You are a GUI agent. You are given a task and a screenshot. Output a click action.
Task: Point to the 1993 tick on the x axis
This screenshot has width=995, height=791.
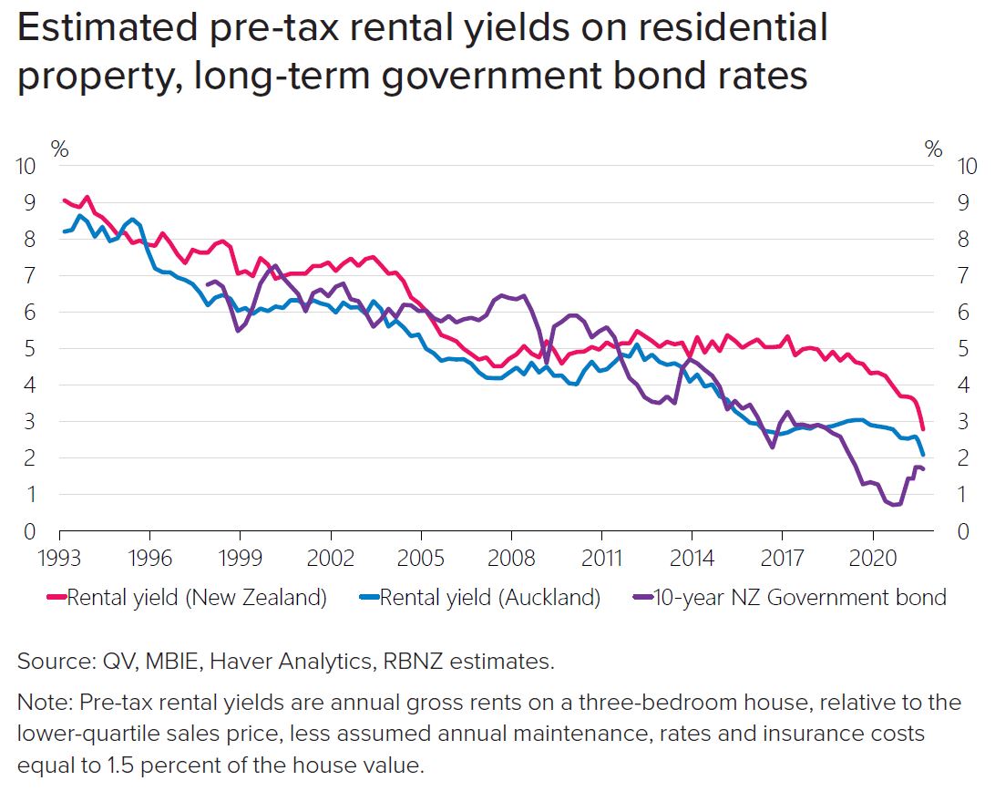click(x=60, y=555)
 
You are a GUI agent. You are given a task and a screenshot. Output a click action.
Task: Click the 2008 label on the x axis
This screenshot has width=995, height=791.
click(x=511, y=555)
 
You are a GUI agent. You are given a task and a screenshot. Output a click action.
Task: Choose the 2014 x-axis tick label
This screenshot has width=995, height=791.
click(x=692, y=555)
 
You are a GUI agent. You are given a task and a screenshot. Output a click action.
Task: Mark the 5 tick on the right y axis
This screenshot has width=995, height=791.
click(x=962, y=349)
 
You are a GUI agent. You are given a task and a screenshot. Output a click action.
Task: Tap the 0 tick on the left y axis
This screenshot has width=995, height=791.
click(x=29, y=531)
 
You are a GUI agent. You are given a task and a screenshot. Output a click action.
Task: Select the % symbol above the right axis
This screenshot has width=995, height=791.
click(x=933, y=150)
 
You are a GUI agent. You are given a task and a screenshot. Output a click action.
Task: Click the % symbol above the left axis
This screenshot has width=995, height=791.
click(x=60, y=150)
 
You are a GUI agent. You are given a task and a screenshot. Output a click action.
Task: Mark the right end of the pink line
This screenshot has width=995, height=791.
click(x=923, y=428)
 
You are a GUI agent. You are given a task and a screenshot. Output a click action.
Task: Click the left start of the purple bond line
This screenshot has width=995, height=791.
click(x=209, y=285)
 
